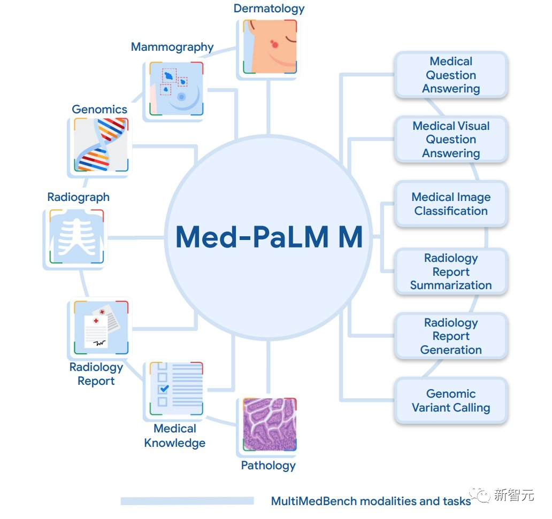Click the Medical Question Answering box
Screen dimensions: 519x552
point(451,75)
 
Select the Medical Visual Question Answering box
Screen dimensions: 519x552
point(451,140)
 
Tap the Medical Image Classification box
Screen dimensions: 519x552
point(451,204)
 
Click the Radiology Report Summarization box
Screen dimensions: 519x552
point(451,272)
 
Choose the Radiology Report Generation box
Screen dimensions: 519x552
point(451,336)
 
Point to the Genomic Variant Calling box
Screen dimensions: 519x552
point(451,401)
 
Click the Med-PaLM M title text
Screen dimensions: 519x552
point(269,237)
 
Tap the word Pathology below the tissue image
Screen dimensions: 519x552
point(268,466)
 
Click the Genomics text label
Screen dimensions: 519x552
point(99,110)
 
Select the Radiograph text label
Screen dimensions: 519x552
point(78,197)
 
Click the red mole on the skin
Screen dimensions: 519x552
point(276,43)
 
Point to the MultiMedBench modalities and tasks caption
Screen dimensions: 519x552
point(371,501)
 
